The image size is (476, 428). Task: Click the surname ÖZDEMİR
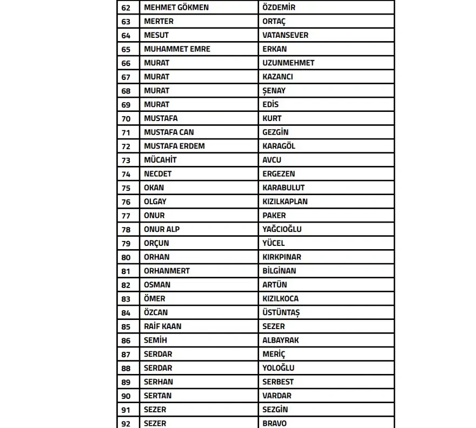279,8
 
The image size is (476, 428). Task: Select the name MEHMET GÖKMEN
176,8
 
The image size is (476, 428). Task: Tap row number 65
126,49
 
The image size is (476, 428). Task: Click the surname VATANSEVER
286,35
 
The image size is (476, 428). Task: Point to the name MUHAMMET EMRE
177,49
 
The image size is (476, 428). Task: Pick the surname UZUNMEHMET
288,63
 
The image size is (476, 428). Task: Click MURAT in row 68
156,91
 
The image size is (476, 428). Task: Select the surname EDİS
270,104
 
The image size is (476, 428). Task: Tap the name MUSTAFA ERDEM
174,146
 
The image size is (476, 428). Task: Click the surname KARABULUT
283,188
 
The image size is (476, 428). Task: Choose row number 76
126,202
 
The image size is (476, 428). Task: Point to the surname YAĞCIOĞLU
282,229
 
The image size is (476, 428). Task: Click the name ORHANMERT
167,271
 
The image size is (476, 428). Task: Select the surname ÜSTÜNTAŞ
281,312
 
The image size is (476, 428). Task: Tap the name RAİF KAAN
162,326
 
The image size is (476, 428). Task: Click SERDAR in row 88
158,368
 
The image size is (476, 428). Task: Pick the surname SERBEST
278,382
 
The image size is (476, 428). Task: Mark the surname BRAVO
274,423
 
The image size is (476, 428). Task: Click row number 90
126,396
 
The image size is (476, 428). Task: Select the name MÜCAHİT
160,160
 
